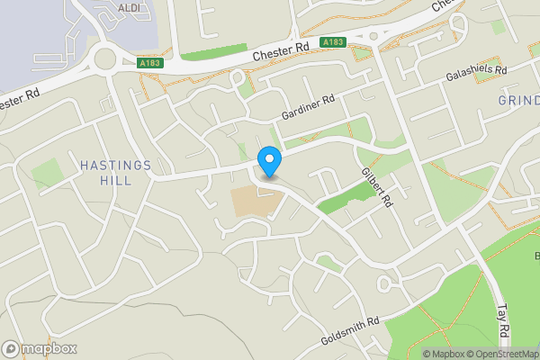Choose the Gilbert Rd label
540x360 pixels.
[376, 187]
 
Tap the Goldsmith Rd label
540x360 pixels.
[355, 330]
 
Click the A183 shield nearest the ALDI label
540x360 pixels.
[151, 62]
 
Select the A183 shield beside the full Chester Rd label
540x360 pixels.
[331, 41]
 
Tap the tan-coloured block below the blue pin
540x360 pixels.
[255, 203]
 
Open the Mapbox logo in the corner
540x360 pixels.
[40, 348]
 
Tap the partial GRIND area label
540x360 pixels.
[517, 99]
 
